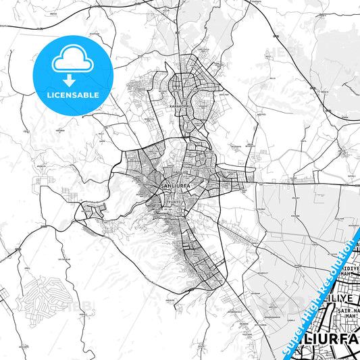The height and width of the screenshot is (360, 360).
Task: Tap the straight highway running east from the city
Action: click(x=304, y=182)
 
